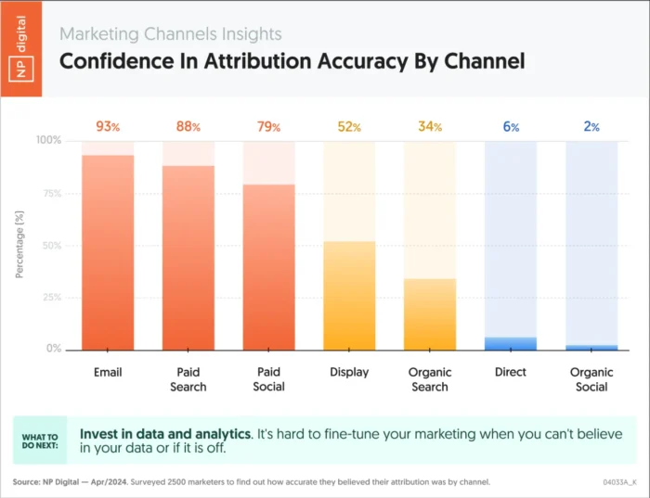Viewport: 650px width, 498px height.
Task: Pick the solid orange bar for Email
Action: pyautogui.click(x=108, y=252)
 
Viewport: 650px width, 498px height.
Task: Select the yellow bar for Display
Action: pyautogui.click(x=349, y=295)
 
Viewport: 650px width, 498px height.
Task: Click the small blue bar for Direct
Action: pyautogui.click(x=511, y=343)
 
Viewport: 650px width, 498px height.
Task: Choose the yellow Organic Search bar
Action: pyautogui.click(x=430, y=313)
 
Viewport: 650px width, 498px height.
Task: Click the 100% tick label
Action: pyautogui.click(x=48, y=141)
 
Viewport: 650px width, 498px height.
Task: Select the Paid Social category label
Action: pyautogui.click(x=268, y=379)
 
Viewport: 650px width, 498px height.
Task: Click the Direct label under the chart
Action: pyautogui.click(x=511, y=372)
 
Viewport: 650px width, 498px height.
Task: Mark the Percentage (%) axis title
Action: pyautogui.click(x=20, y=245)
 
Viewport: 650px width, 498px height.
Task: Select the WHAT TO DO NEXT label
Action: pyautogui.click(x=40, y=441)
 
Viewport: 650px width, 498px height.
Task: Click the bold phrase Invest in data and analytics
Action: pyautogui.click(x=165, y=433)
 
